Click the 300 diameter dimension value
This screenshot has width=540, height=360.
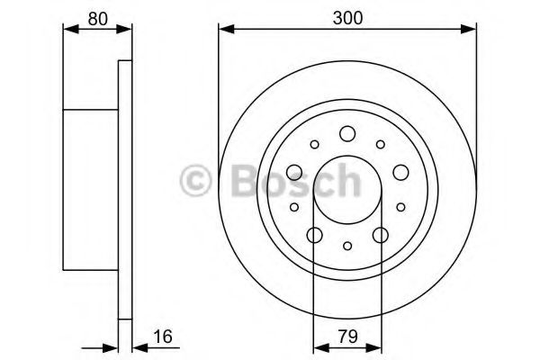click(x=346, y=16)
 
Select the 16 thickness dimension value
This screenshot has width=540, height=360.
click(x=162, y=337)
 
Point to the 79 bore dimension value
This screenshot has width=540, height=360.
click(x=346, y=337)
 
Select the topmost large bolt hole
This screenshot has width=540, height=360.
click(x=347, y=134)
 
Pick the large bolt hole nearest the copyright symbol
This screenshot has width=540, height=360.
click(x=294, y=173)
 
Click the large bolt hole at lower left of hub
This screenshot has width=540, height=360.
click(x=314, y=236)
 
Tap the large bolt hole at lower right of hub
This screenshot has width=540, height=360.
click(x=380, y=236)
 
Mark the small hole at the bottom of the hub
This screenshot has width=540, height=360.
click(x=347, y=247)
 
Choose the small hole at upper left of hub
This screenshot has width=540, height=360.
click(x=314, y=144)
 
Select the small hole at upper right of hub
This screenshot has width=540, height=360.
click(x=381, y=144)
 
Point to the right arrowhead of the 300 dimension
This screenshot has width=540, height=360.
click(x=470, y=31)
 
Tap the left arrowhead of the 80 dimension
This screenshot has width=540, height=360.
click(x=68, y=31)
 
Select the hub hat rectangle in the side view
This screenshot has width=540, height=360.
click(x=90, y=189)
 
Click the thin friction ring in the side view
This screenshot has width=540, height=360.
click(x=125, y=189)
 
